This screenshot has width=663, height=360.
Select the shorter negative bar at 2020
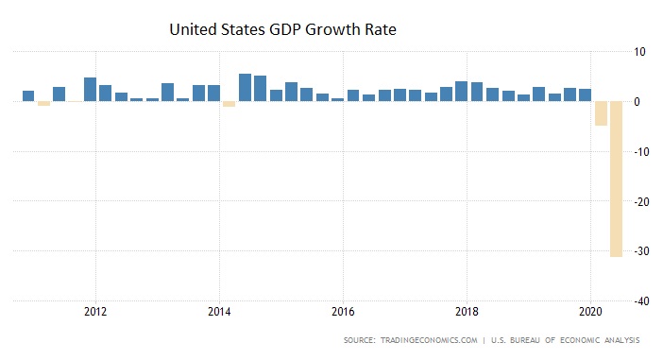601,113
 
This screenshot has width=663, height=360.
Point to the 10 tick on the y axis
639,52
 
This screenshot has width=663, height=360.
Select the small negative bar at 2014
229,104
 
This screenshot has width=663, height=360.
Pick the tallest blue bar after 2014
245,87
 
